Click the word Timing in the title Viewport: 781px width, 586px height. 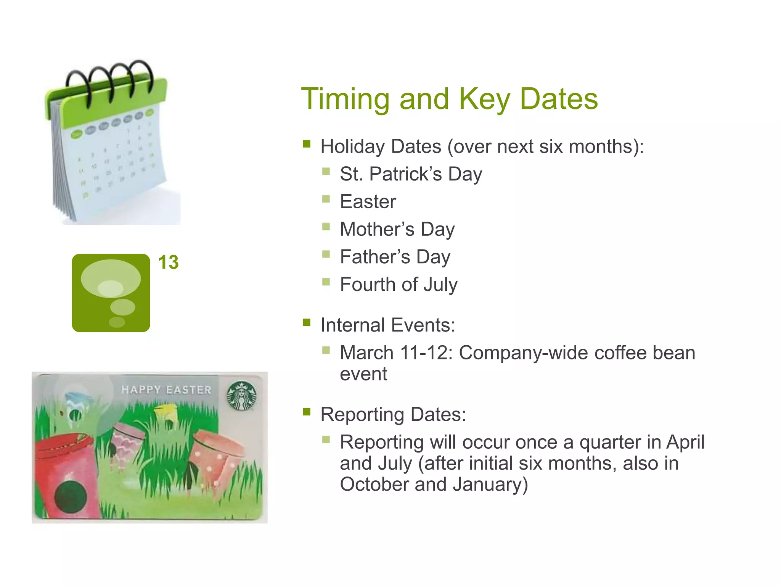point(345,99)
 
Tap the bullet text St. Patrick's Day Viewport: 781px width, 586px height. point(411,174)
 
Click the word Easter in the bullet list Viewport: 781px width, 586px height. point(368,202)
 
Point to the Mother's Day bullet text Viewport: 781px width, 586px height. point(397,230)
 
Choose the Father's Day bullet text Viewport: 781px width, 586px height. point(395,257)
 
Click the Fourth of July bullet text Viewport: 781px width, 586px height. point(399,285)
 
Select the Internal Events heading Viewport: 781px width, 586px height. point(387,325)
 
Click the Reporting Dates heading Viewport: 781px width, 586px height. point(393,415)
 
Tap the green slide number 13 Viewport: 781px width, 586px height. point(168,262)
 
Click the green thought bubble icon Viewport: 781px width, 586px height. point(111,293)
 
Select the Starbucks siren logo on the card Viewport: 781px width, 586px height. point(241,396)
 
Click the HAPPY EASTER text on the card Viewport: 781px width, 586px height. point(166,390)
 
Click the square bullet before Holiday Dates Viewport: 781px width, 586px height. point(307,144)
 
